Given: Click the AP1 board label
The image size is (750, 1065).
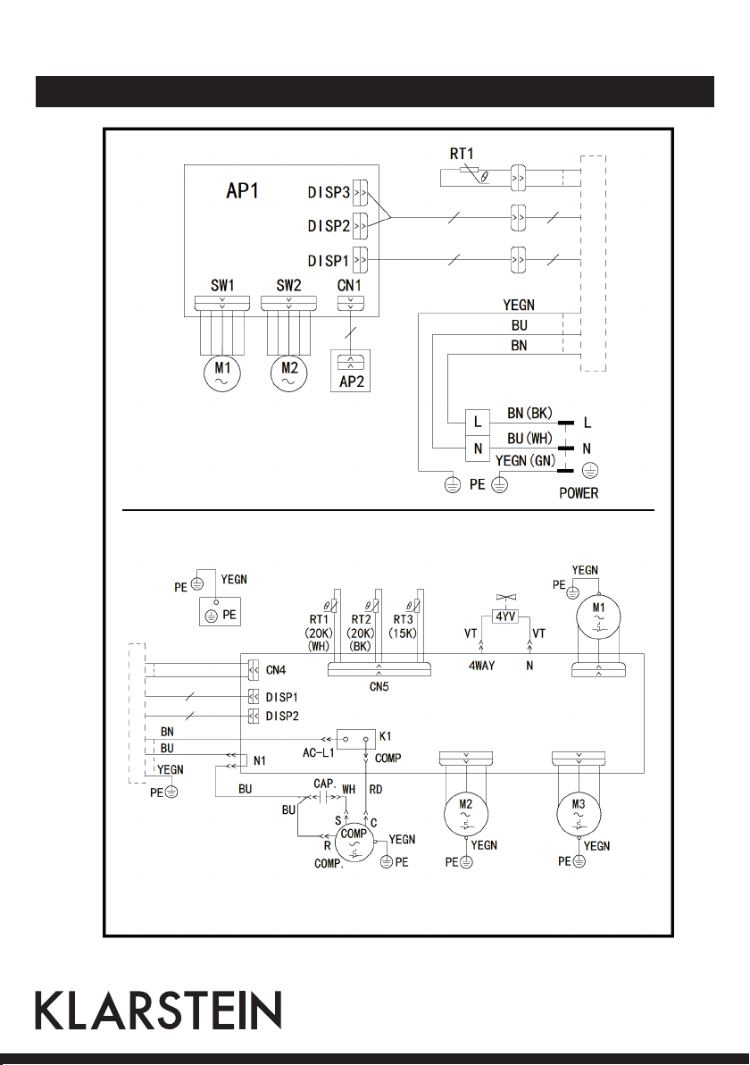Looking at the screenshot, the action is tap(242, 191).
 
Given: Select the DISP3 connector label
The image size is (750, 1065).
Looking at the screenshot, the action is tap(329, 193).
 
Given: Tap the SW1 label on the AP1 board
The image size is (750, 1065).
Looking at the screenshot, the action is tap(222, 285).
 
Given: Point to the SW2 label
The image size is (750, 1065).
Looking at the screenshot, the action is tap(288, 285).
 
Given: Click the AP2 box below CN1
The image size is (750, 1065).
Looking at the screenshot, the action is tap(351, 371).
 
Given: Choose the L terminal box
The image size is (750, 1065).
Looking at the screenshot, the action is tap(477, 422).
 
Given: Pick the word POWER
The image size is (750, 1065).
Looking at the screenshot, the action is tap(579, 493).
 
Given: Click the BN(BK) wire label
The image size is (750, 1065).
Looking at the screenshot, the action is tap(529, 413).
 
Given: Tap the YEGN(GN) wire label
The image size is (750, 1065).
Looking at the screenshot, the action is tap(525, 460).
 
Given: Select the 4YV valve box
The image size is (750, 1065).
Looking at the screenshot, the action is tap(505, 616).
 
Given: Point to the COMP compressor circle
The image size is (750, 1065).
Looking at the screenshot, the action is tap(354, 842).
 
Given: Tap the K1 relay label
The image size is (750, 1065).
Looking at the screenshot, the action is tap(385, 736).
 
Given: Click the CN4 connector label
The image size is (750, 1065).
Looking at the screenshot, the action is tap(276, 670).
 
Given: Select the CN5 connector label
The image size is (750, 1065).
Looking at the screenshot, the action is tap(379, 687).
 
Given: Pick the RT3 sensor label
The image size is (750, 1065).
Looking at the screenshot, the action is tap(404, 619).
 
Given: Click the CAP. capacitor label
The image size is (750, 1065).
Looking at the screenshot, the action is tap(324, 784).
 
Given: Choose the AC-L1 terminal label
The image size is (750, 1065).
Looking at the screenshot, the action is tap(319, 753).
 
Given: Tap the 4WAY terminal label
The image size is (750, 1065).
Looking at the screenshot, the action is tap(481, 667).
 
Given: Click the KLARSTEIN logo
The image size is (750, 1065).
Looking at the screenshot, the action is tap(158, 1010).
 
